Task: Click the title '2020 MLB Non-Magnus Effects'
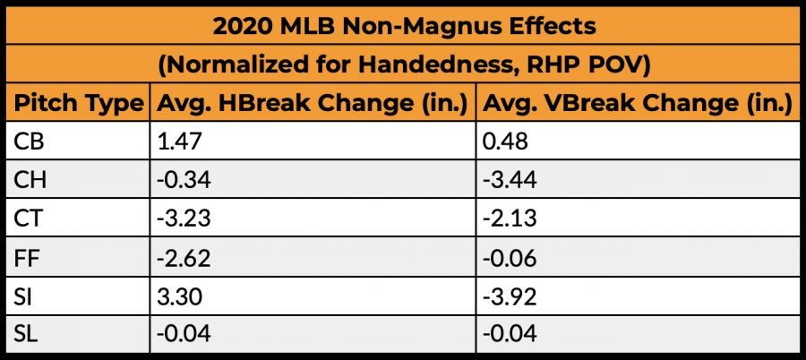pyautogui.click(x=403, y=25)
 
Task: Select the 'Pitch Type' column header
pyautogui.click(x=79, y=104)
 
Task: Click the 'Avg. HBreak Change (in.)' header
pyautogui.click(x=313, y=104)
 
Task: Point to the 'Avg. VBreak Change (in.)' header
pyautogui.click(x=637, y=104)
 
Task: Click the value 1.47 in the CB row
pyautogui.click(x=176, y=141)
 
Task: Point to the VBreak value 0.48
pyautogui.click(x=504, y=141)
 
